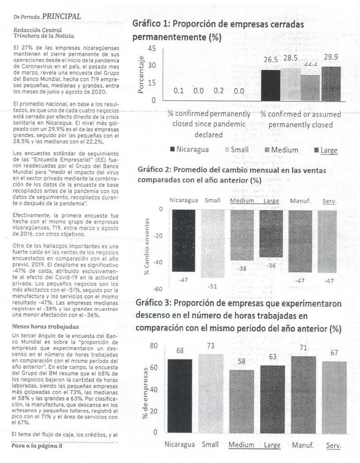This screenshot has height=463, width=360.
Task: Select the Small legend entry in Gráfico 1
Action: click(239, 150)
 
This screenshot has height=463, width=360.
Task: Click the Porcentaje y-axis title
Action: click(141, 75)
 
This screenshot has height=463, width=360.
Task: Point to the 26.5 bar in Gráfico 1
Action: click(270, 85)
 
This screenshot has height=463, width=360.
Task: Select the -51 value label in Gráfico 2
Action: click(212, 286)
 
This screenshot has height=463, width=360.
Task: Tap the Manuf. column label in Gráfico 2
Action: click(300, 200)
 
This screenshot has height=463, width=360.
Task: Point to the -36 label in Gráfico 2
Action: click(271, 265)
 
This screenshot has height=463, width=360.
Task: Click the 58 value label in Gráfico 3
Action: click(242, 362)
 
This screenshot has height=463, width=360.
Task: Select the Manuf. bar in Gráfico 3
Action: click(303, 394)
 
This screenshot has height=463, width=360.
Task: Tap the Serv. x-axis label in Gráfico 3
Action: click(333, 445)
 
